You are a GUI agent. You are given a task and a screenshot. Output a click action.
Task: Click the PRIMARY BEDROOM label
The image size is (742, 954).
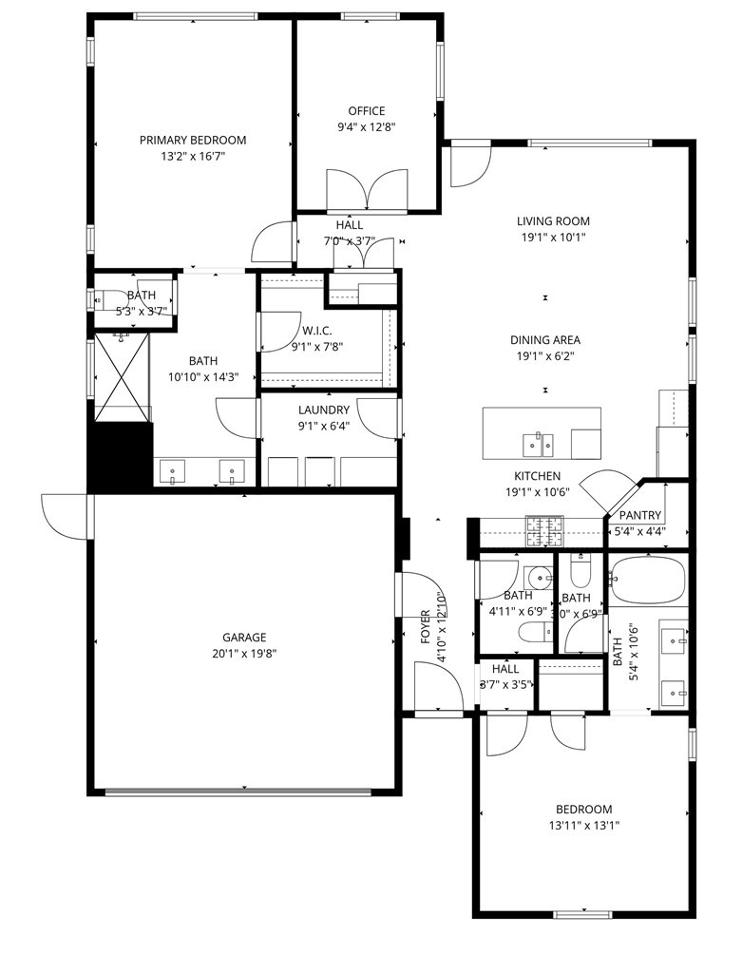(x=193, y=140)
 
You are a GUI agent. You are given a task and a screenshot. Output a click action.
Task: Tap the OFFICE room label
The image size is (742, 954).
(x=366, y=111)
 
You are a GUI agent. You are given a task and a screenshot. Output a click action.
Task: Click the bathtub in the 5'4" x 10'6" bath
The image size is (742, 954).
(x=647, y=580)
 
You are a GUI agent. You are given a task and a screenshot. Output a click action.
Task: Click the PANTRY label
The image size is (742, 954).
(x=640, y=515)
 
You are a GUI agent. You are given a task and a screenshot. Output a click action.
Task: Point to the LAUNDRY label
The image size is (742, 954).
(x=324, y=410)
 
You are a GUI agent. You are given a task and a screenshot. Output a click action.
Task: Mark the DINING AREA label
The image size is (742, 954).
(x=545, y=340)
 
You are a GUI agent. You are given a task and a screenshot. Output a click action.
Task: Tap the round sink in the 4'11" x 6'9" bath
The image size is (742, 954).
(x=539, y=577)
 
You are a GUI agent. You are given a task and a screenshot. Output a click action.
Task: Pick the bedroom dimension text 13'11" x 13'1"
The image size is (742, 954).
(x=584, y=825)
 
